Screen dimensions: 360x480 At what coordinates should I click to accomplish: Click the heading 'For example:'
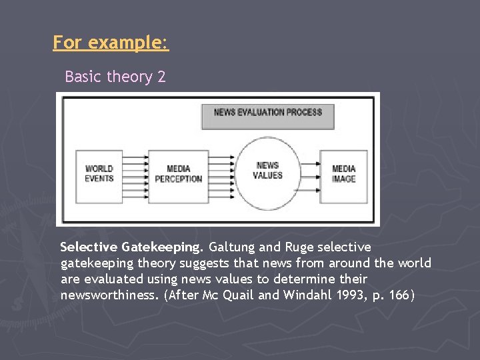click(111, 43)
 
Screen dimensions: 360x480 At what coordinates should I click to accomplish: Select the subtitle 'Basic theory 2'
click(115, 77)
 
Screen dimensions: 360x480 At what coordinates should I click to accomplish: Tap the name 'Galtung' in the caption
click(233, 247)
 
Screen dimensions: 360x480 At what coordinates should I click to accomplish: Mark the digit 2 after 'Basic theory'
click(161, 77)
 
